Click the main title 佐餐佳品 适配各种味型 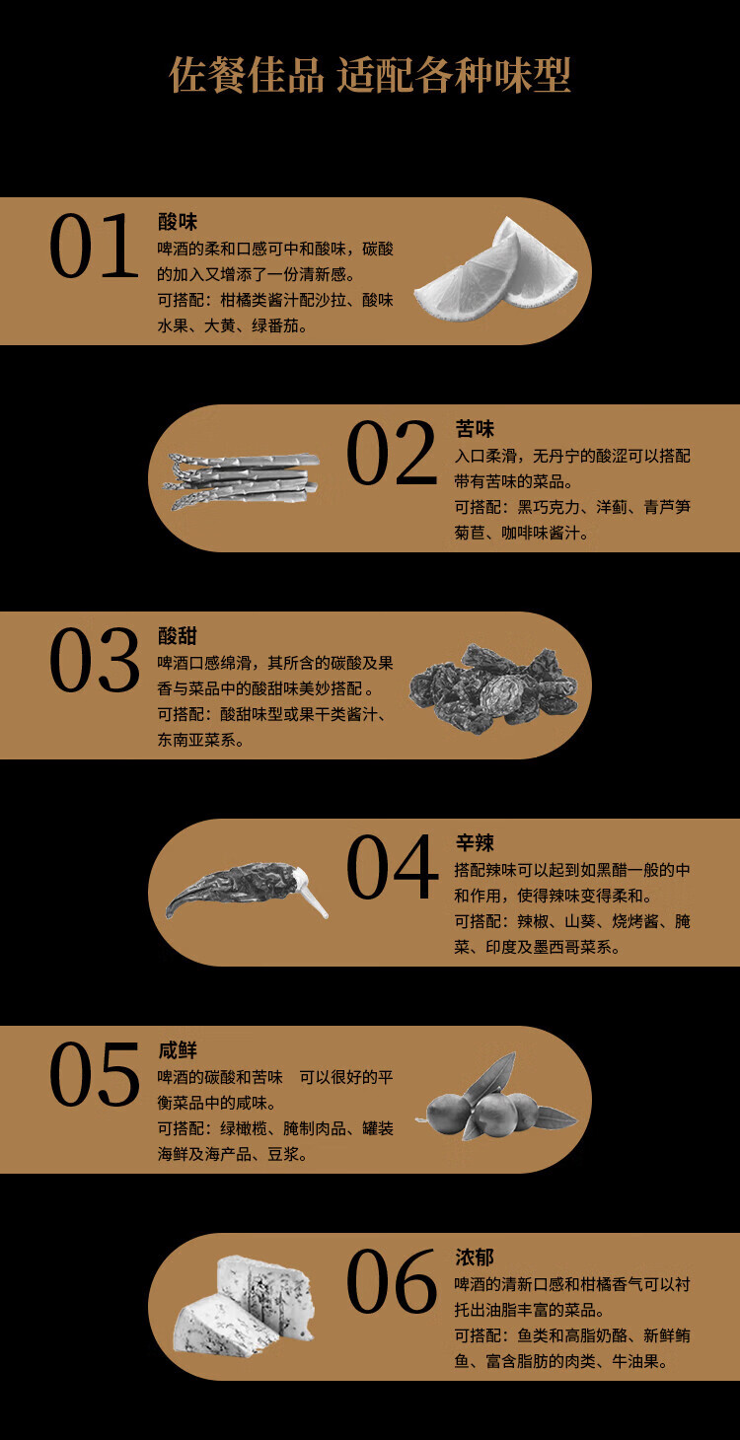370,75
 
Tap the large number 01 94,247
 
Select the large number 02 392,453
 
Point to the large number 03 95,660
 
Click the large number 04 392,867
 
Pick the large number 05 95,1075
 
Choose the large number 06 392,1281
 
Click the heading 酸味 178,222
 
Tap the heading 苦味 475,429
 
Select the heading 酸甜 178,636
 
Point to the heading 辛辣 475,842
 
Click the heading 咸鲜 178,1050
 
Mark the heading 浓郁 475,1258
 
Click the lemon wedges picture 495,272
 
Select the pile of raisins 493,687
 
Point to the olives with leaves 498,1099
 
